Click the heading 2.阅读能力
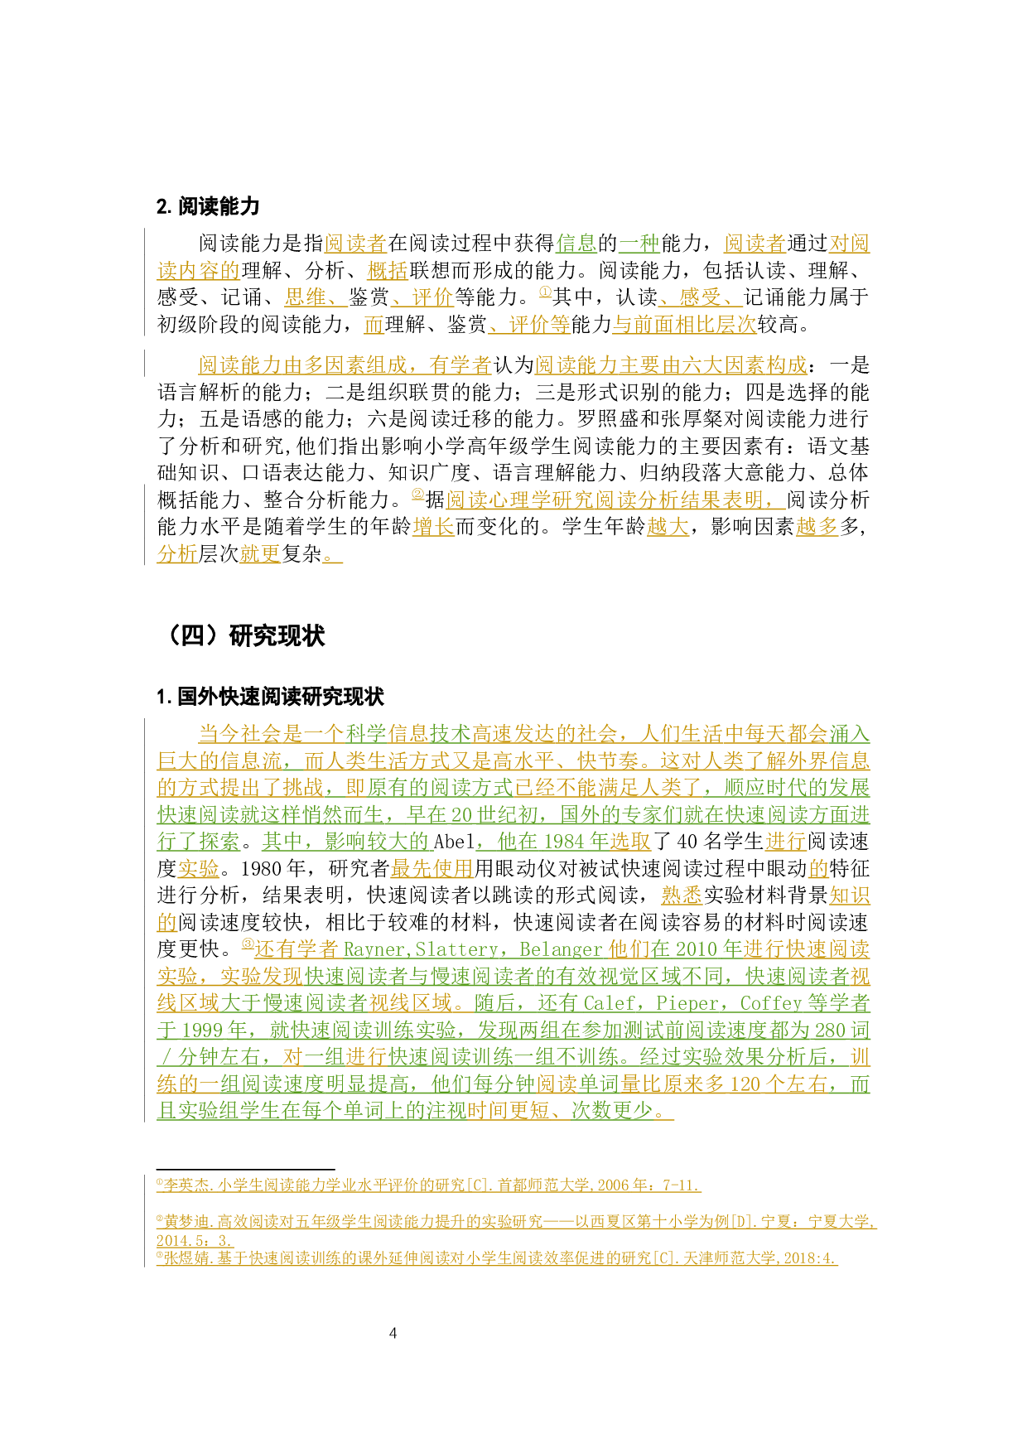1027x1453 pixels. (x=208, y=206)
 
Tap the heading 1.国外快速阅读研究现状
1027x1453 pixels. (x=270, y=697)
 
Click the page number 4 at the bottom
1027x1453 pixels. (x=393, y=1333)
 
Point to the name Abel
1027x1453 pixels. (x=453, y=842)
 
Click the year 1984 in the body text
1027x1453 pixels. (x=564, y=842)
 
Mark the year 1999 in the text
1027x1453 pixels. (x=201, y=1031)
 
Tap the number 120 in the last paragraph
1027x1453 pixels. (x=745, y=1084)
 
